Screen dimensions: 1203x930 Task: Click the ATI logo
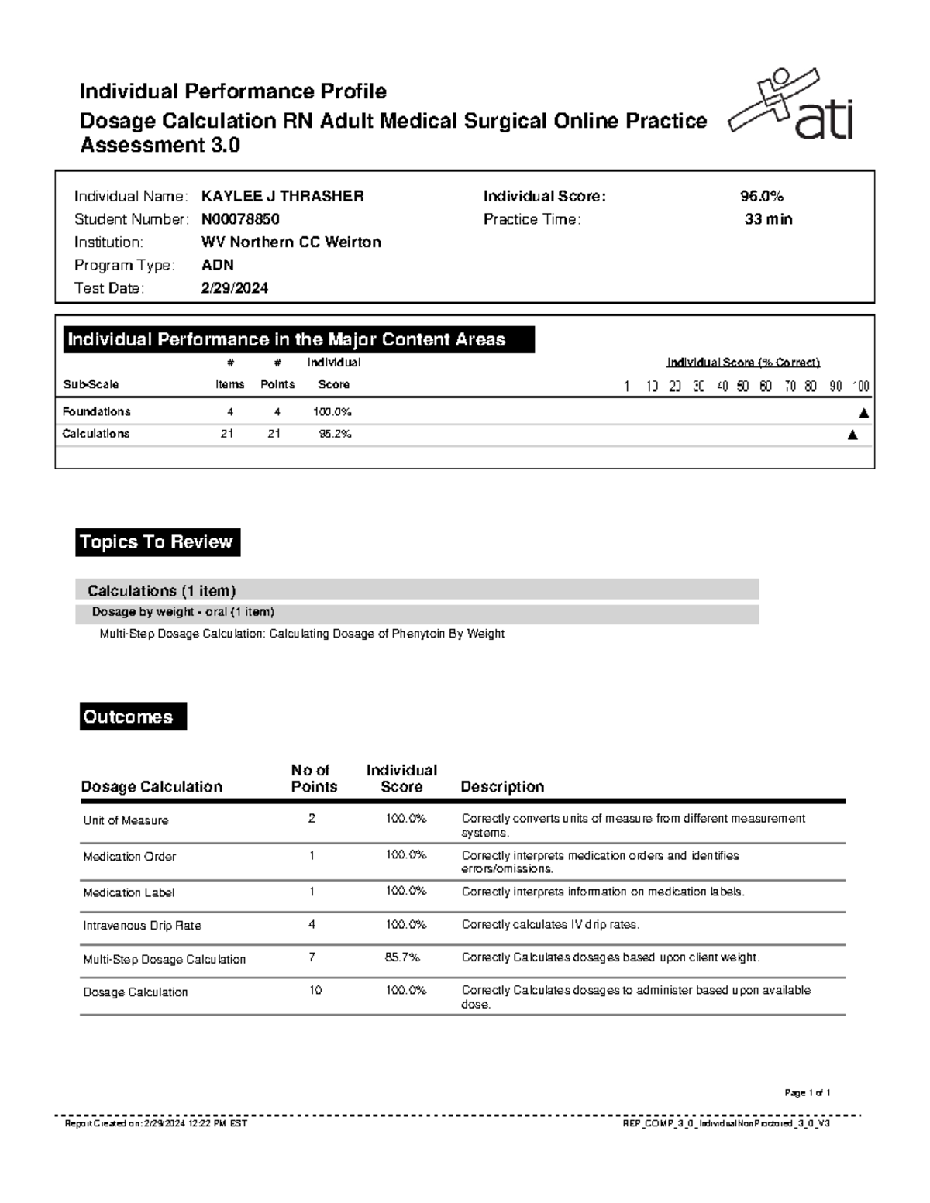(792, 106)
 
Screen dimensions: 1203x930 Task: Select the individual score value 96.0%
(762, 197)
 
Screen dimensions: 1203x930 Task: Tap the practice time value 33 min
(768, 220)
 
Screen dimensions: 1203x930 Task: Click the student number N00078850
(240, 220)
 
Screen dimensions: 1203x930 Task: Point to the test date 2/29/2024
(235, 289)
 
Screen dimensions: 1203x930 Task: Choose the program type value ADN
(217, 266)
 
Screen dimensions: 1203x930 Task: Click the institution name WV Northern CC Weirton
(291, 242)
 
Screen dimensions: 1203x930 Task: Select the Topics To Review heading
(157, 542)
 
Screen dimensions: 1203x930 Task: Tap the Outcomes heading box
(133, 717)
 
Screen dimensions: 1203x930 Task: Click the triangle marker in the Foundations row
(863, 414)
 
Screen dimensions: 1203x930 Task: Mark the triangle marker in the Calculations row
(852, 435)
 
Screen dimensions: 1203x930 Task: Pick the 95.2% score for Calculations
(335, 435)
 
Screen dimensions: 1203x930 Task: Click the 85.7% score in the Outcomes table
(401, 958)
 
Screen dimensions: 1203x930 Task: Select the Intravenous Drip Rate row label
(142, 926)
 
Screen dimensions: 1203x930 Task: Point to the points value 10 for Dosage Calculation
(315, 991)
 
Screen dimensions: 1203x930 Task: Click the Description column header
(502, 787)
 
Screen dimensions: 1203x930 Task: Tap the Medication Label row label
(129, 893)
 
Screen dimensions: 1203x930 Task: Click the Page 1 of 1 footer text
(807, 1094)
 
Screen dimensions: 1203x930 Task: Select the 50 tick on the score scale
(742, 387)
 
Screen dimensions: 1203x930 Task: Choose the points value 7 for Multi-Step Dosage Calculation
(312, 957)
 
